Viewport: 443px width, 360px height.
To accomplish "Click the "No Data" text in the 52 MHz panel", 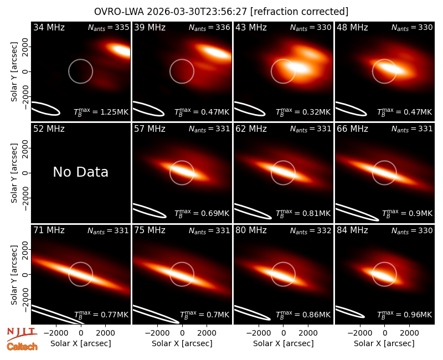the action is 80,172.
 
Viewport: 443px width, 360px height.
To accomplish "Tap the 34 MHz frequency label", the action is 49,27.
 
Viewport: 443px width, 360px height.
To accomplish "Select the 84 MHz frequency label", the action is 352,230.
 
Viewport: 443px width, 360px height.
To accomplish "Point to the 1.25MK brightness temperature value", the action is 110,112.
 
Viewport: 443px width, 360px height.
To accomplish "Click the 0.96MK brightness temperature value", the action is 414,315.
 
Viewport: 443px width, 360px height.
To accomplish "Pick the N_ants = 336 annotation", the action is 209,27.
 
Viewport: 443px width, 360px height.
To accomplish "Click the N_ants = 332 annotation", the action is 311,230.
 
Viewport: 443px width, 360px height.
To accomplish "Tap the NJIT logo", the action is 22,334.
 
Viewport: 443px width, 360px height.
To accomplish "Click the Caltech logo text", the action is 22,347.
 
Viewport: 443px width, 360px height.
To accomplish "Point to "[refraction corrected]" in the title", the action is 299,12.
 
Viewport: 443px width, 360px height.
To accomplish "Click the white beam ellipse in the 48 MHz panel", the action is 351,109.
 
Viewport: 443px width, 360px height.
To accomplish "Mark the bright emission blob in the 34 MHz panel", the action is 121,50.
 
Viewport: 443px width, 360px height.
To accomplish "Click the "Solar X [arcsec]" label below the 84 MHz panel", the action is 384,343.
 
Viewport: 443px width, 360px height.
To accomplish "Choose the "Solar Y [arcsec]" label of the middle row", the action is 14,173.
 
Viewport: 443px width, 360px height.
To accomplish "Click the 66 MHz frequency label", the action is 352,129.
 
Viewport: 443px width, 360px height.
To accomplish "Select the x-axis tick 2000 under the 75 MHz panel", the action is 207,333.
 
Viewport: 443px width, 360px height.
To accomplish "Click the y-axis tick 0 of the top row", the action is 25,71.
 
